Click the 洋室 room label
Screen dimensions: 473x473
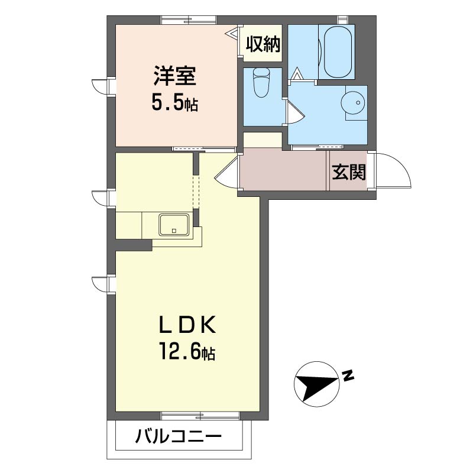[x=175, y=76]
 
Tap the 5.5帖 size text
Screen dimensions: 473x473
[x=174, y=103]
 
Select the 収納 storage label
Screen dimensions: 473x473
[x=263, y=44]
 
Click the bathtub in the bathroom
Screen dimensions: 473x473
[x=338, y=51]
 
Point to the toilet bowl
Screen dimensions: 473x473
[x=261, y=82]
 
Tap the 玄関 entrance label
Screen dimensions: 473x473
[x=349, y=172]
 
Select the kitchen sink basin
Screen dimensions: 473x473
[x=174, y=225]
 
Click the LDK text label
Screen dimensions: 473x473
[x=187, y=325]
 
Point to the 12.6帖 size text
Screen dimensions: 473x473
[x=187, y=351]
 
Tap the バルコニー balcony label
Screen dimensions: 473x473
[x=179, y=436]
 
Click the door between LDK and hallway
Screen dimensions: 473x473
[x=227, y=173]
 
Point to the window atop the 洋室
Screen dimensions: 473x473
[x=189, y=20]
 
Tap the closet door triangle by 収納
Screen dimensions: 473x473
[x=233, y=33]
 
